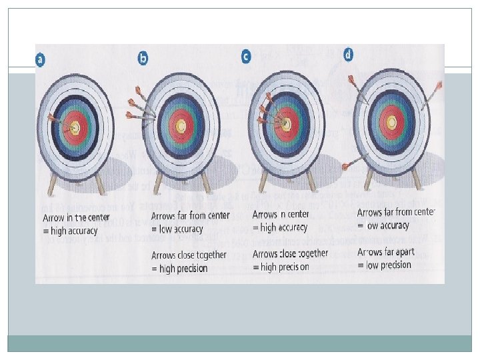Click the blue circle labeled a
(x=41, y=60)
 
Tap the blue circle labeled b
(x=143, y=59)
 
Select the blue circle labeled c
(x=246, y=57)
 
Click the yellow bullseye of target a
(x=75, y=127)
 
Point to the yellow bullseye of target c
(x=287, y=124)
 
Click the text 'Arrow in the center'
(x=71, y=218)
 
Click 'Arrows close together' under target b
(x=189, y=255)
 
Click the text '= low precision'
(x=385, y=265)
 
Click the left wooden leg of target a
(x=53, y=181)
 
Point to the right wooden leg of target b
(x=206, y=181)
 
